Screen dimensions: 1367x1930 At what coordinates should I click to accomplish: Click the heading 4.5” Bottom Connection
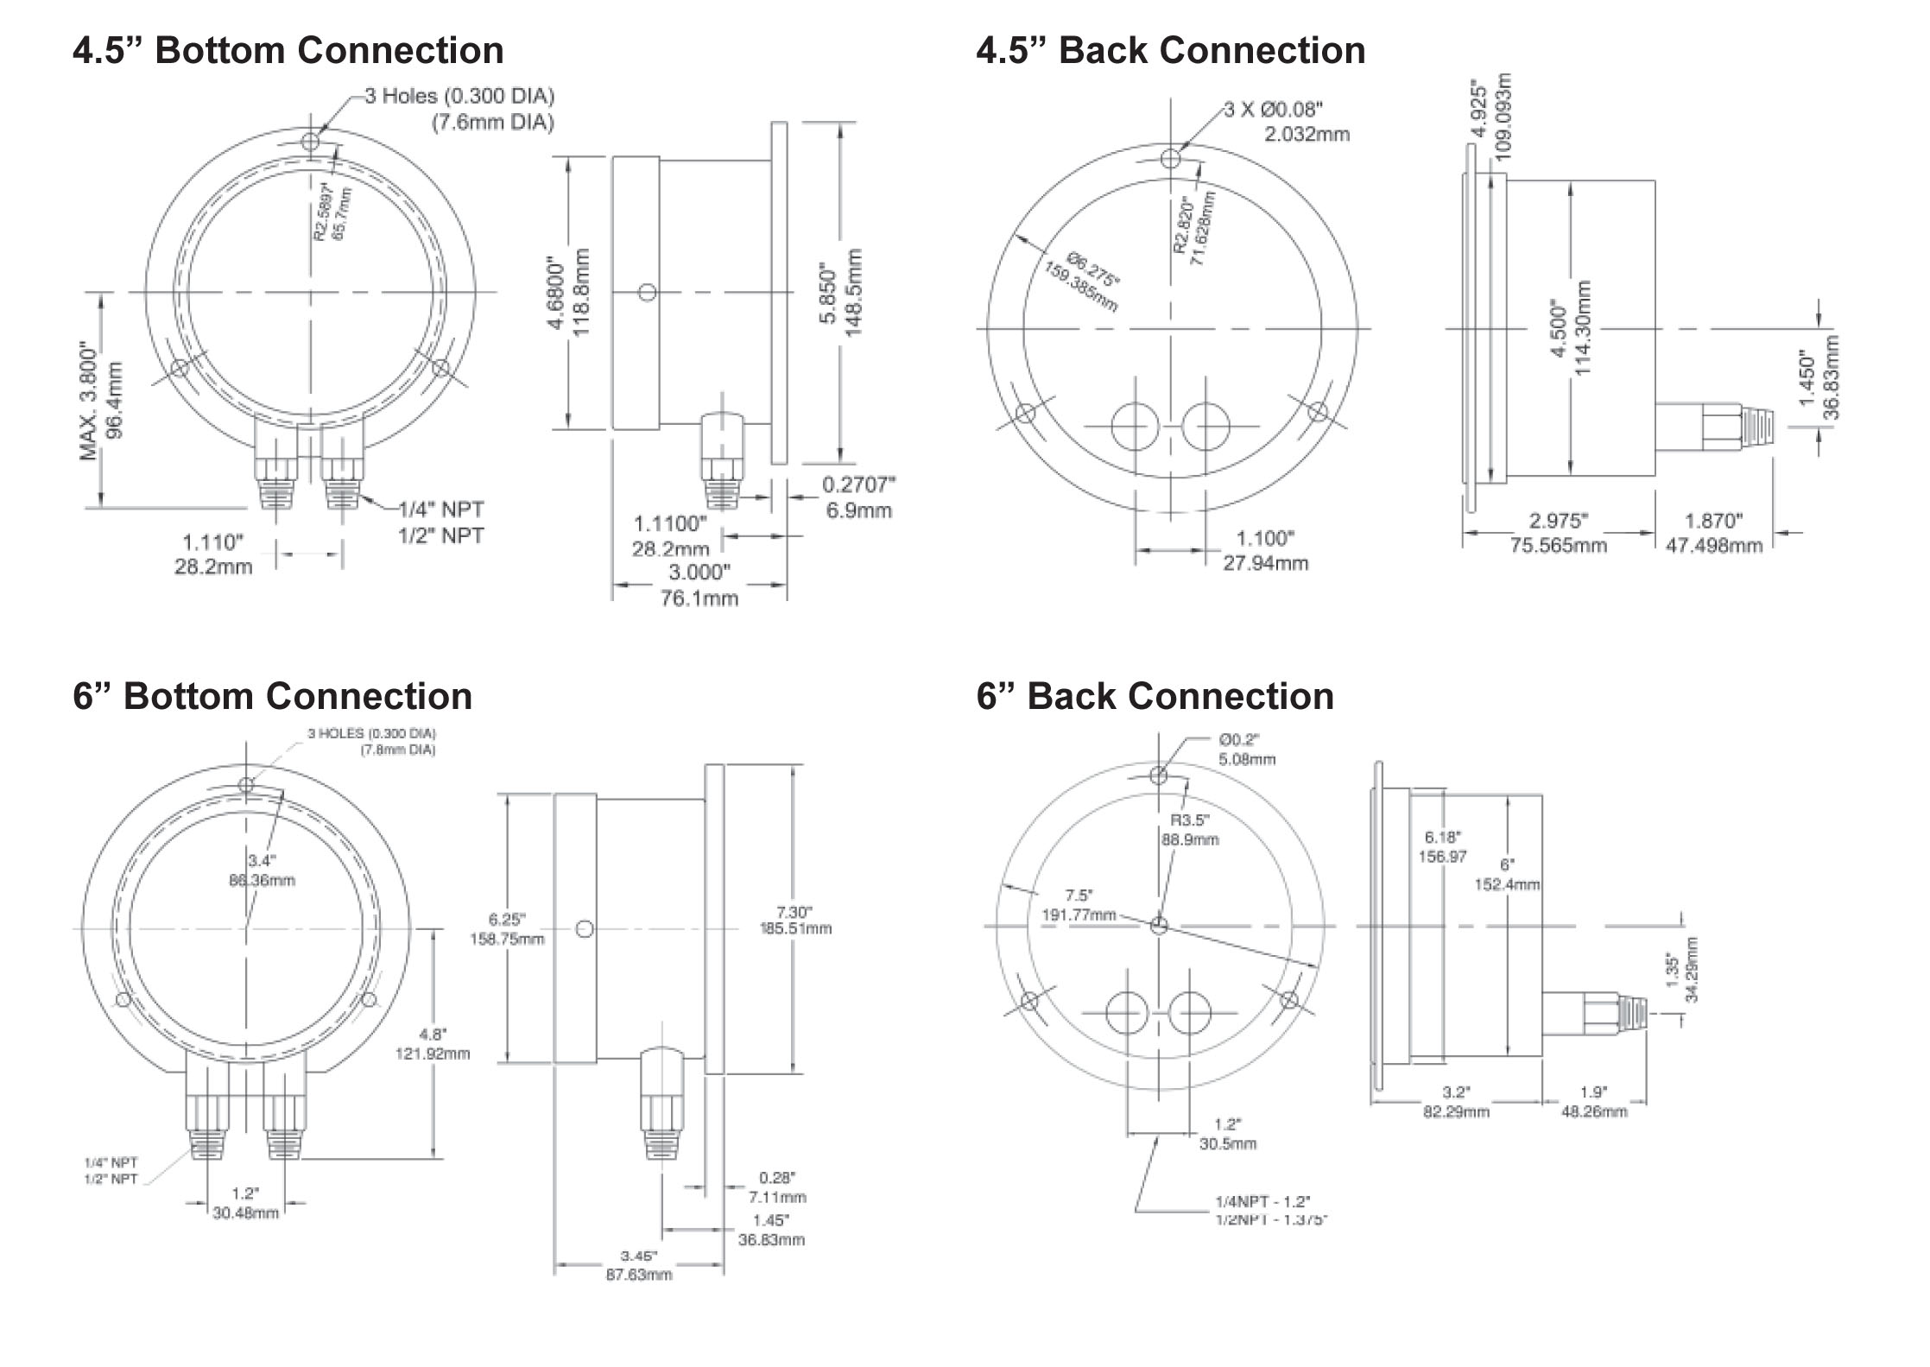pyautogui.click(x=288, y=50)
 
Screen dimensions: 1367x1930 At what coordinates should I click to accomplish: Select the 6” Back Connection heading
pyautogui.click(x=1155, y=696)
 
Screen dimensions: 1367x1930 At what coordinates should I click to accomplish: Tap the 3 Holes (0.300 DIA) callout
pyautogui.click(x=459, y=96)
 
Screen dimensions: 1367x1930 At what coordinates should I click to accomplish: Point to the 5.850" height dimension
pyautogui.click(x=829, y=294)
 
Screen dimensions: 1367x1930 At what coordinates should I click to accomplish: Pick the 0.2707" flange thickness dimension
pyautogui.click(x=858, y=485)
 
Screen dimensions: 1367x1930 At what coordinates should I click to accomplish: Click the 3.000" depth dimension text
pyautogui.click(x=699, y=573)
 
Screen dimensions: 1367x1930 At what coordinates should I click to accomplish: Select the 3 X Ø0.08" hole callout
pyautogui.click(x=1274, y=110)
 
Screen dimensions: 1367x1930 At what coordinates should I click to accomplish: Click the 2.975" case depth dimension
pyautogui.click(x=1559, y=521)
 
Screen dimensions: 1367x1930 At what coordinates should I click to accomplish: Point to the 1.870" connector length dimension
pyautogui.click(x=1714, y=521)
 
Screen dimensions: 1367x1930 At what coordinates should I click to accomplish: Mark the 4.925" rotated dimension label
pyautogui.click(x=1479, y=110)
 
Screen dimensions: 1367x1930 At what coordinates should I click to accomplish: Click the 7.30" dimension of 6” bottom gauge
pyautogui.click(x=794, y=912)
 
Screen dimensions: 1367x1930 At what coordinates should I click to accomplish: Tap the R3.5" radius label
pyautogui.click(x=1190, y=820)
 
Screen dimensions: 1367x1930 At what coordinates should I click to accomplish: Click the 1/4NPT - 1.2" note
pyautogui.click(x=1262, y=1201)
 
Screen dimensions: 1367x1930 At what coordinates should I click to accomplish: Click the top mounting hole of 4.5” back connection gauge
pyautogui.click(x=1171, y=159)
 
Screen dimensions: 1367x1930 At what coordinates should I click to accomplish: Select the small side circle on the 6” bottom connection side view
pyautogui.click(x=585, y=929)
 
